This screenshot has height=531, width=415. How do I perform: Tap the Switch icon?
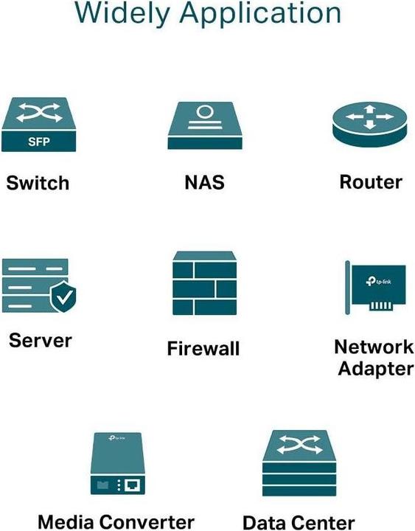39,126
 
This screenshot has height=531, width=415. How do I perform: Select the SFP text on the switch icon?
39,142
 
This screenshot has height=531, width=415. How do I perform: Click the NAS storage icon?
205,126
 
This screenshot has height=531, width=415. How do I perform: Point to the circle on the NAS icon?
205,113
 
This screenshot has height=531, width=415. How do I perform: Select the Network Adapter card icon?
374,288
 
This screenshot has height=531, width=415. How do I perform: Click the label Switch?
38,183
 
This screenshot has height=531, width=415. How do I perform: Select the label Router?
370,182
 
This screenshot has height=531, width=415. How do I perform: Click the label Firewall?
204,348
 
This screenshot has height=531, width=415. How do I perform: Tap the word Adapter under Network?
375,368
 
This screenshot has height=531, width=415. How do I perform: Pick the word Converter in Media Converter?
147,522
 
